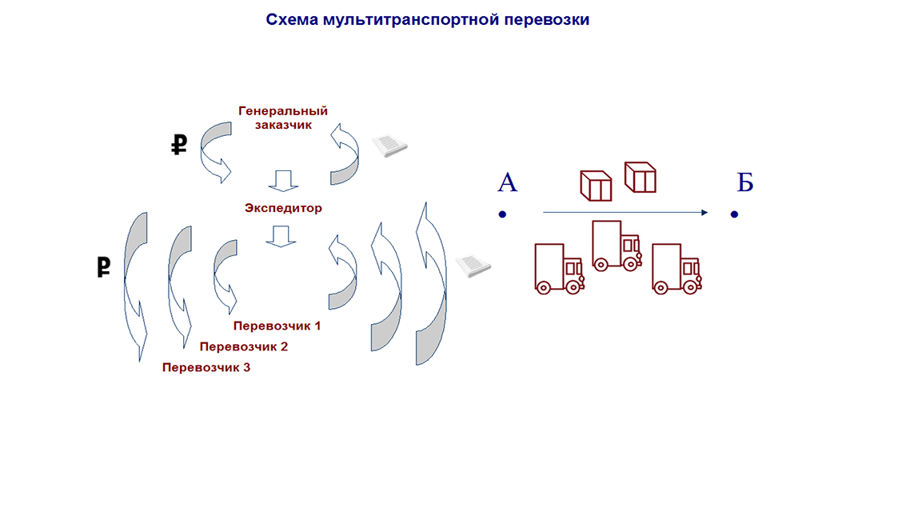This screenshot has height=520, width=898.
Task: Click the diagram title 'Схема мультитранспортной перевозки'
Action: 427,19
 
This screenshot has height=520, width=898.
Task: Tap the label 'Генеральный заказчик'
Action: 283,118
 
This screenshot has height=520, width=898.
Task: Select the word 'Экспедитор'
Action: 283,208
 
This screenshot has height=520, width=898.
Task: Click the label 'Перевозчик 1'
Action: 277,326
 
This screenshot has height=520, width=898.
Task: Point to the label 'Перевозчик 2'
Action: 243,346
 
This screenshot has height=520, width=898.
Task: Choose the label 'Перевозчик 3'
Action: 206,367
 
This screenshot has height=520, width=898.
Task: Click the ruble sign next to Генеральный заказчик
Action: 179,145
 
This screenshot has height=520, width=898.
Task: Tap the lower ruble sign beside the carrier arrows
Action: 104,267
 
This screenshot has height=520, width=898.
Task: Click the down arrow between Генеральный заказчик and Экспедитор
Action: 284,181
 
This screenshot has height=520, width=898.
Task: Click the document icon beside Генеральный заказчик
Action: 389,145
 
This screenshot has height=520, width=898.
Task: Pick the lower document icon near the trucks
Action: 473,265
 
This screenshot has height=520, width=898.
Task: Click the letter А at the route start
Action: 508,182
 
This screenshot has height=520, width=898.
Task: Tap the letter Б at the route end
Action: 744,182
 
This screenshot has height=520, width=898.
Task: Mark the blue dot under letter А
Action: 502,214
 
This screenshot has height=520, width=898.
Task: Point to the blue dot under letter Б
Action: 734,214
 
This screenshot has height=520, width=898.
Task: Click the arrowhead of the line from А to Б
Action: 705,213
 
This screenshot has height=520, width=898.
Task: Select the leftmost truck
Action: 560,269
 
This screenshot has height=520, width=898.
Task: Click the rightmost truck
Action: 677,269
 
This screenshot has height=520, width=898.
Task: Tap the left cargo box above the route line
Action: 596,186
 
